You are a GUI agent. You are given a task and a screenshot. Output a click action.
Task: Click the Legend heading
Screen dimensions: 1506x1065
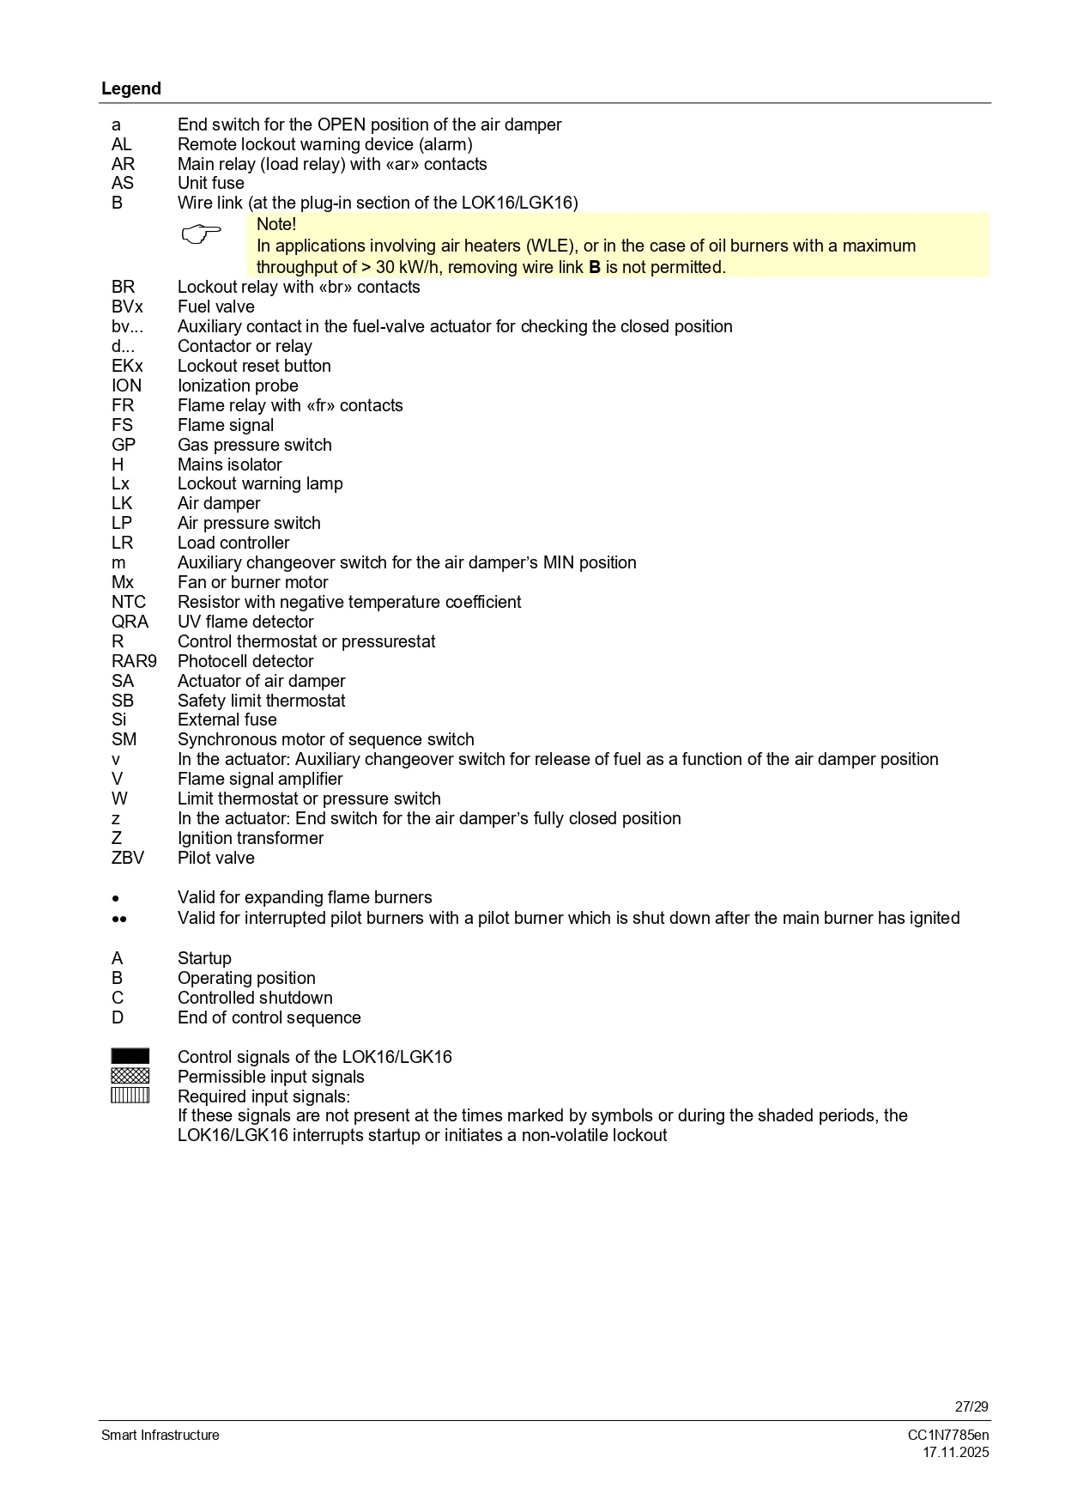(x=131, y=88)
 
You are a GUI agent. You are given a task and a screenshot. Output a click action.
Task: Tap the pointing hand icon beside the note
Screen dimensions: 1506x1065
(x=202, y=234)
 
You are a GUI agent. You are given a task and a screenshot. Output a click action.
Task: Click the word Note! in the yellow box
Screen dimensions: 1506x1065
(x=276, y=224)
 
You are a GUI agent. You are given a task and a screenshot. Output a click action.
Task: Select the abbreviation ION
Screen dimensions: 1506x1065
(x=127, y=386)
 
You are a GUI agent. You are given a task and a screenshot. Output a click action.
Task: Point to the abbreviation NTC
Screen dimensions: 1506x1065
(x=129, y=602)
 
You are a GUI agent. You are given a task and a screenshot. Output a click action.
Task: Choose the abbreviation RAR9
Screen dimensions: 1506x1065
(x=134, y=661)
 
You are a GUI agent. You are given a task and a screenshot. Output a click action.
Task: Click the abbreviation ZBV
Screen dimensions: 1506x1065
(x=128, y=858)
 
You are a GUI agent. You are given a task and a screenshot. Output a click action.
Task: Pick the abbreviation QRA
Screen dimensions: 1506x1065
(x=130, y=622)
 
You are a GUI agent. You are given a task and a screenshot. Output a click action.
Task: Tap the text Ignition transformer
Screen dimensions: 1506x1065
(x=251, y=838)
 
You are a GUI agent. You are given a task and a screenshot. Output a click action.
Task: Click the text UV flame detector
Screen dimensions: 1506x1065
(x=245, y=622)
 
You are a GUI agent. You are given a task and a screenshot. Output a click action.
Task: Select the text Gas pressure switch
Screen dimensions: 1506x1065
(x=254, y=445)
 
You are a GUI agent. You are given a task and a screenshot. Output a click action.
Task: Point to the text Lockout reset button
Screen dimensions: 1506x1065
(x=254, y=366)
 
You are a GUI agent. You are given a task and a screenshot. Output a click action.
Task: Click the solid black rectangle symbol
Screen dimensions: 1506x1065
(x=130, y=1056)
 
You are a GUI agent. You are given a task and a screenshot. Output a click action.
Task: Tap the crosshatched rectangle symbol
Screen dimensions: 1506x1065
(x=130, y=1076)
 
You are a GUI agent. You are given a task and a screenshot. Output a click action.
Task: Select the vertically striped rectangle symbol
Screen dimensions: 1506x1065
(x=130, y=1095)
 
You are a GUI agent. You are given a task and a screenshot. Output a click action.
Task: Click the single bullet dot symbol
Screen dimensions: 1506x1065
(x=115, y=898)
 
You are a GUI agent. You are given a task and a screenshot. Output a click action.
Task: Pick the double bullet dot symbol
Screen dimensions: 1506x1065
(x=119, y=919)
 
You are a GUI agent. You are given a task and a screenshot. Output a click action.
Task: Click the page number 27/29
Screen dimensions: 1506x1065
(x=971, y=1406)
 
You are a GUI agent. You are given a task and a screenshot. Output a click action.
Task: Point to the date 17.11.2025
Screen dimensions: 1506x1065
(x=955, y=1453)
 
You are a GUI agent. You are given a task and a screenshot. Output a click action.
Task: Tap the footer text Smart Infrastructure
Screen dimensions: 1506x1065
(x=160, y=1435)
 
